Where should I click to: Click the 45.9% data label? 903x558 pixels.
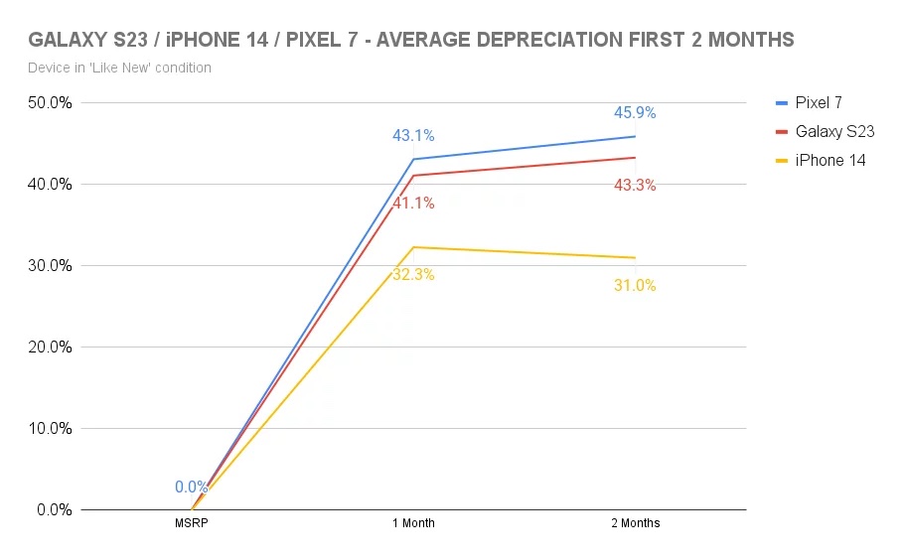pos(635,113)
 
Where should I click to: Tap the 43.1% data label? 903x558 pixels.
pos(413,136)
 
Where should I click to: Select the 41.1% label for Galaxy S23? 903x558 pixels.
pos(413,204)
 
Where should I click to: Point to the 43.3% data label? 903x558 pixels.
pos(635,185)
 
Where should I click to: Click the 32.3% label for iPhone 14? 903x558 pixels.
pos(413,275)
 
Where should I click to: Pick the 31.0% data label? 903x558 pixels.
pos(635,286)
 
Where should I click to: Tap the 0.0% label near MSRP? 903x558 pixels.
pos(191,488)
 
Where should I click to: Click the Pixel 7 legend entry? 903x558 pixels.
pos(819,102)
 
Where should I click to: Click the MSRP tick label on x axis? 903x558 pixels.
pos(191,523)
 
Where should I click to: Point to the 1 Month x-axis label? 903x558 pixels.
pos(413,523)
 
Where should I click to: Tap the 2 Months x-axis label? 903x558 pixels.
pos(635,523)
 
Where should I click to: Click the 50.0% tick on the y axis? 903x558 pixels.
pos(48,103)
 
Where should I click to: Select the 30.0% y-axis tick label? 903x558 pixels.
pos(48,266)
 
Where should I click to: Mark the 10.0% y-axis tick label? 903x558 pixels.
pos(48,429)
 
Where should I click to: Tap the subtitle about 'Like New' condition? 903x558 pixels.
pos(120,68)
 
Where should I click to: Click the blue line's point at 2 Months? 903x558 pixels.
pos(635,136)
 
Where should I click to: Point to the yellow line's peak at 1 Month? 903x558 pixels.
pos(413,247)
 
